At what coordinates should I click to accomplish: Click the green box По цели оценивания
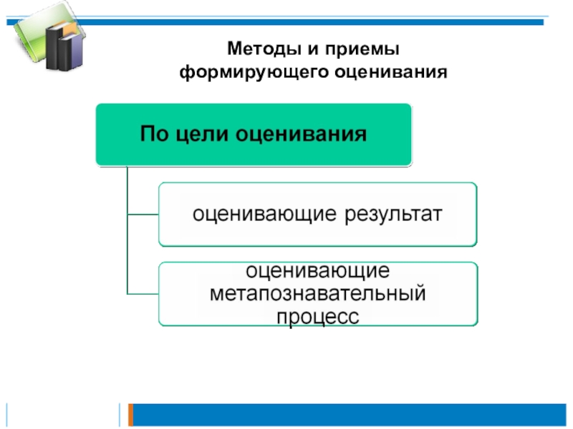tap(254, 134)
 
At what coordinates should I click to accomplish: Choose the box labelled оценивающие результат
tap(317, 214)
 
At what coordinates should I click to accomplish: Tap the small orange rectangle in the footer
tap(130, 413)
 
